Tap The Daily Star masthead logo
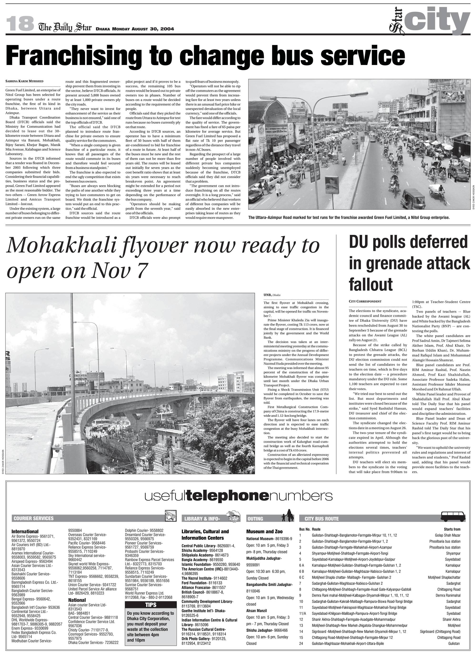[x=65, y=27]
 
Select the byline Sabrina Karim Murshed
[x=24, y=81]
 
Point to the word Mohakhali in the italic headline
[x=69, y=246]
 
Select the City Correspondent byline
[x=365, y=301]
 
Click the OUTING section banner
[x=255, y=519]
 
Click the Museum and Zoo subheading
[x=264, y=531]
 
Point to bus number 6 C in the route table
[x=301, y=577]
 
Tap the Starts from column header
[x=452, y=529]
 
